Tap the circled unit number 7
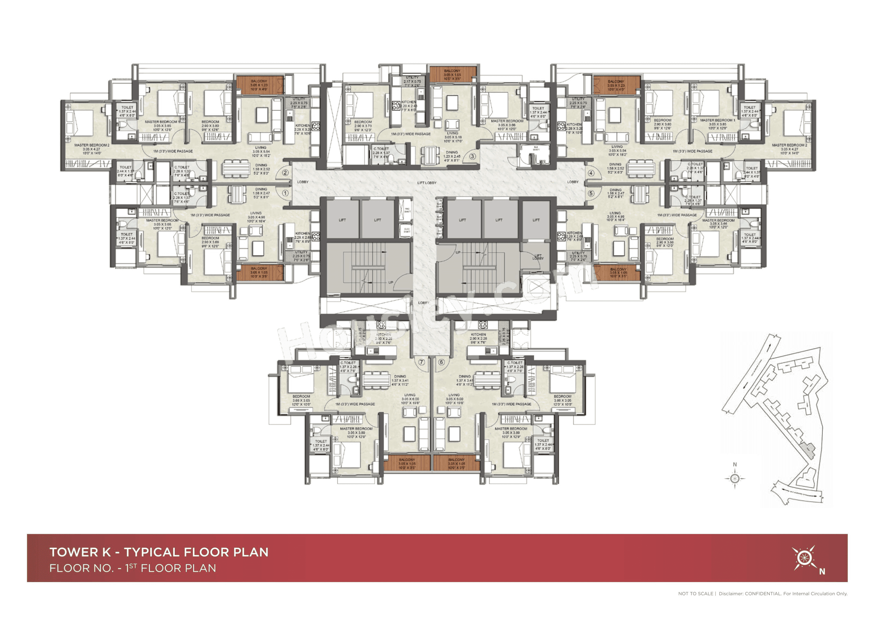click(x=421, y=362)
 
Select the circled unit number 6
click(x=441, y=362)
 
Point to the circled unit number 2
click(x=285, y=172)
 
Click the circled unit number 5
click(x=591, y=193)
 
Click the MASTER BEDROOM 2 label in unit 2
click(x=91, y=145)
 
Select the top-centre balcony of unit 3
click(x=452, y=74)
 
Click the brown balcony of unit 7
click(x=407, y=463)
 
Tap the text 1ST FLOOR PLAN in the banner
click(x=171, y=568)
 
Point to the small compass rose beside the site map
click(x=735, y=479)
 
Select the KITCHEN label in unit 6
click(x=478, y=334)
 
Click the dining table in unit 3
click(x=430, y=155)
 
